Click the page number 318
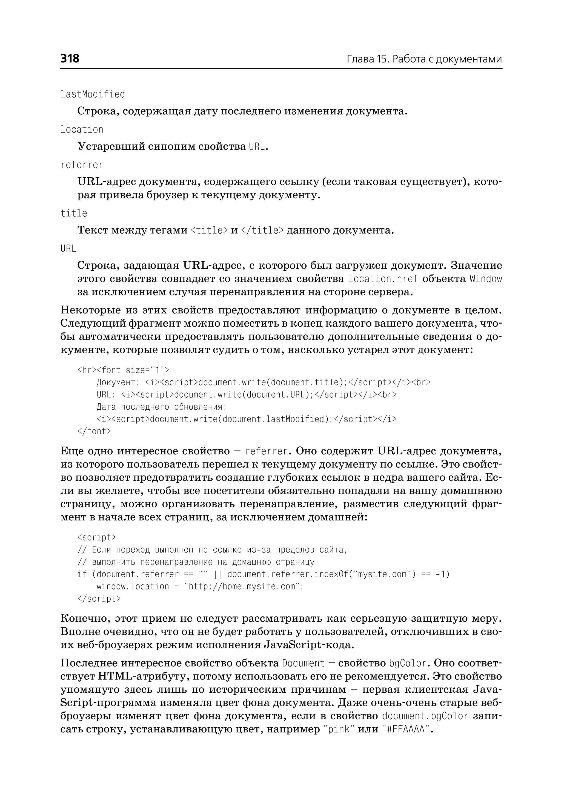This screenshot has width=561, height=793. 70,58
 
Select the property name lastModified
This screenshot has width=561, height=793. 93,94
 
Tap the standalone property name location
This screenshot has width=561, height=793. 82,129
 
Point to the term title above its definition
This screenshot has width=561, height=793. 74,213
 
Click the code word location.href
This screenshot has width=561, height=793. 383,279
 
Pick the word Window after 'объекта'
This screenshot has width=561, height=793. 485,279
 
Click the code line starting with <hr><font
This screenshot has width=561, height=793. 123,370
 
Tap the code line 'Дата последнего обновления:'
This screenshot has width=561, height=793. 161,407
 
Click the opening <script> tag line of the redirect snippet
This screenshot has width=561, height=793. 97,537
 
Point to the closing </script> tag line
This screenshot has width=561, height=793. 99,598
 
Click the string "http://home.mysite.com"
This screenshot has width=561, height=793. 244,586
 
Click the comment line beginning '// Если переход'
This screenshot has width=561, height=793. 212,550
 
